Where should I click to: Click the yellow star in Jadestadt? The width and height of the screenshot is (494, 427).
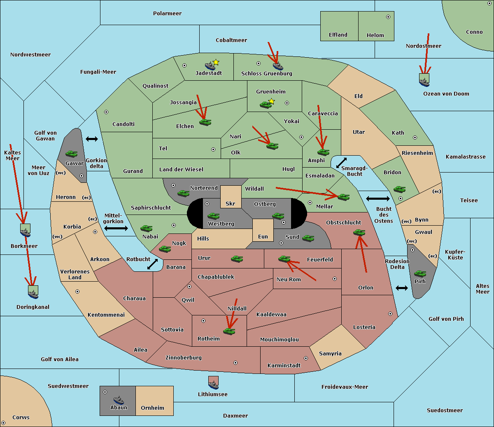[216, 62]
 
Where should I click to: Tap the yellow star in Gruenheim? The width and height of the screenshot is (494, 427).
[271, 101]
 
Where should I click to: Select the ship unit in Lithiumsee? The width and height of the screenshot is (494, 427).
[213, 383]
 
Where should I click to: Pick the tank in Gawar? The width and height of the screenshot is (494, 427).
[72, 154]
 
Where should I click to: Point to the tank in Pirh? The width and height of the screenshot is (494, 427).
[420, 274]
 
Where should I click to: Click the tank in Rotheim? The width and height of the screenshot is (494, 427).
[229, 331]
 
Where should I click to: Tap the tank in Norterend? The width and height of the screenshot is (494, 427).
[183, 193]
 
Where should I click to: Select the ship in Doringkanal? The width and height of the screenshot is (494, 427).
[33, 292]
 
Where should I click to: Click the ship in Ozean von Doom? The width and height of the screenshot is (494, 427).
[424, 81]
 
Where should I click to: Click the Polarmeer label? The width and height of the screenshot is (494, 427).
[167, 14]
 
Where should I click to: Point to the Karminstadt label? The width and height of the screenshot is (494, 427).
[284, 366]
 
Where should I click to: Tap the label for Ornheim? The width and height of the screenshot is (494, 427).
[152, 408]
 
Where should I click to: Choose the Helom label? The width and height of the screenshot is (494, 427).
[375, 35]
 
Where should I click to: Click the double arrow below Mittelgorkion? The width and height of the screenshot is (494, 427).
[116, 228]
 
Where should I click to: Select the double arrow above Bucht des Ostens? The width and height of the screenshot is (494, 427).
[377, 199]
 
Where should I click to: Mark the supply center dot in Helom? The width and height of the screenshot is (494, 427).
[388, 17]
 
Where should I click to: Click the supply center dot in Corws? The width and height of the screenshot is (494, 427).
[4, 423]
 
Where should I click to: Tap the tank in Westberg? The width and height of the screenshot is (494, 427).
[213, 216]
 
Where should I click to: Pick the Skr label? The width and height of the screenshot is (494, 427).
[231, 204]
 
